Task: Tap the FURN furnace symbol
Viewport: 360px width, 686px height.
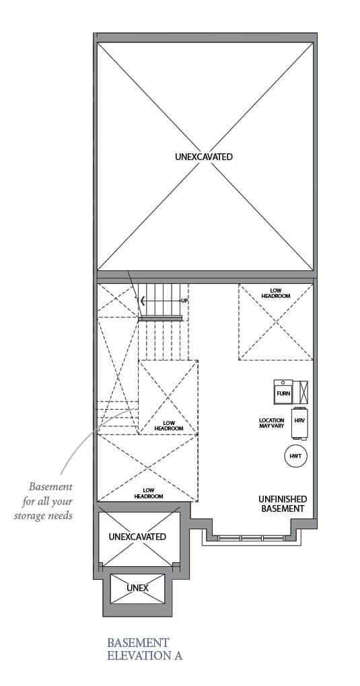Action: [283, 391]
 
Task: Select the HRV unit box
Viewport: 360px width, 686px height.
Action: [299, 419]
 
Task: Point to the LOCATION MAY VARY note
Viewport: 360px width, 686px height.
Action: [271, 424]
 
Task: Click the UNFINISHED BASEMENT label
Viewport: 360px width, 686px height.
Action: [283, 504]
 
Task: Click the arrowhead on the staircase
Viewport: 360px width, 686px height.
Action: [142, 301]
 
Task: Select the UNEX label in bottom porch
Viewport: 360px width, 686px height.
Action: [137, 588]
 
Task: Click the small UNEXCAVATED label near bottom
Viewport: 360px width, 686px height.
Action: [137, 537]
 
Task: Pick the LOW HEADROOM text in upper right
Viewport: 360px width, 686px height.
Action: [276, 293]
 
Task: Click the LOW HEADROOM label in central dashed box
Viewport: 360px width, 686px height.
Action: [168, 426]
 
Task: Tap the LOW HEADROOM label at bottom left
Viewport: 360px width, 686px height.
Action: [149, 493]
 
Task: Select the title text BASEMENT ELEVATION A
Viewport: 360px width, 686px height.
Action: [144, 649]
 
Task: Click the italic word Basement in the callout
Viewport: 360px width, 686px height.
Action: [50, 486]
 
